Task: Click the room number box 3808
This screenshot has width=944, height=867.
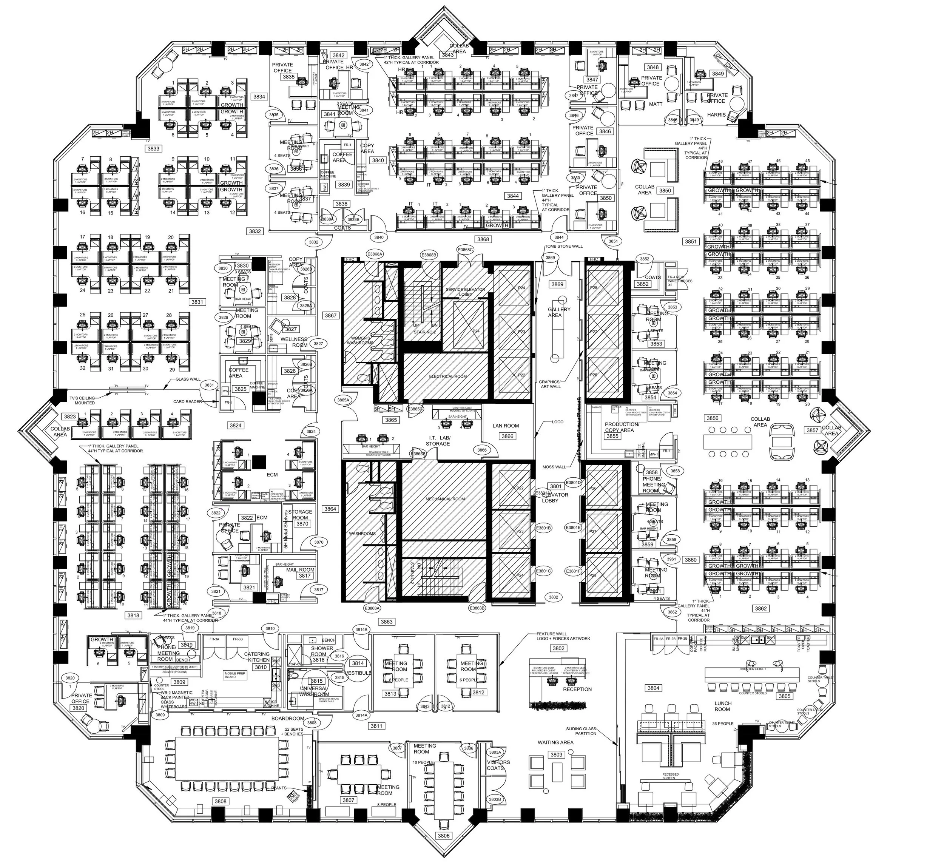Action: click(221, 801)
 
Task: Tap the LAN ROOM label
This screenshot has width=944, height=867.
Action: click(506, 426)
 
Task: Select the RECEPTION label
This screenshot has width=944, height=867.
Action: click(577, 689)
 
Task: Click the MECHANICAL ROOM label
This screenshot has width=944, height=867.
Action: click(445, 499)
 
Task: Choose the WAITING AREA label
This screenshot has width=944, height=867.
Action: click(555, 743)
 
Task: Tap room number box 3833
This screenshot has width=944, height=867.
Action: click(153, 149)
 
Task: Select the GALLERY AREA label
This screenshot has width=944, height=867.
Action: click(559, 312)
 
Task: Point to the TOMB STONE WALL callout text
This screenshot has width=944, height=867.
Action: click(564, 246)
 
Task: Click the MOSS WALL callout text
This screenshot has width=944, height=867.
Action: click(554, 467)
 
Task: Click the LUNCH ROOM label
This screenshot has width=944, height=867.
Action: click(723, 706)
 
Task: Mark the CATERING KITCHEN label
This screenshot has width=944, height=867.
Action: click(257, 657)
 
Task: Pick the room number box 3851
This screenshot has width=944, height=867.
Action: click(691, 242)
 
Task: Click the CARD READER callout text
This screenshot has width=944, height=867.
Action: click(188, 402)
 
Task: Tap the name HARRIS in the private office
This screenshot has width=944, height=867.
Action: click(716, 114)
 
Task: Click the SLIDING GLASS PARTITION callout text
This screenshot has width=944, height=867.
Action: click(581, 731)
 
